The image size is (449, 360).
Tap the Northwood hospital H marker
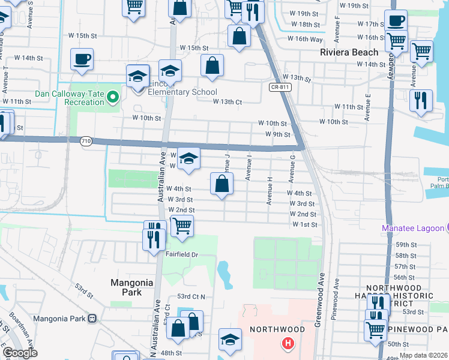(x=288, y=344)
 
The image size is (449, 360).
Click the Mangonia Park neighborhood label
(x=126, y=287)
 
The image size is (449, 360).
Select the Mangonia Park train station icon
(x=92, y=318)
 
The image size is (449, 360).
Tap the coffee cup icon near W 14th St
(x=82, y=59)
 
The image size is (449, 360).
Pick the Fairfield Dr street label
(x=182, y=254)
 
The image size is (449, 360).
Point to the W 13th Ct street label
(x=228, y=102)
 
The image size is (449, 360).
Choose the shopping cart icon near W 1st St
(x=182, y=226)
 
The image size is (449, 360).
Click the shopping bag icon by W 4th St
(x=221, y=184)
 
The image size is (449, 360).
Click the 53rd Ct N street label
(x=191, y=297)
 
